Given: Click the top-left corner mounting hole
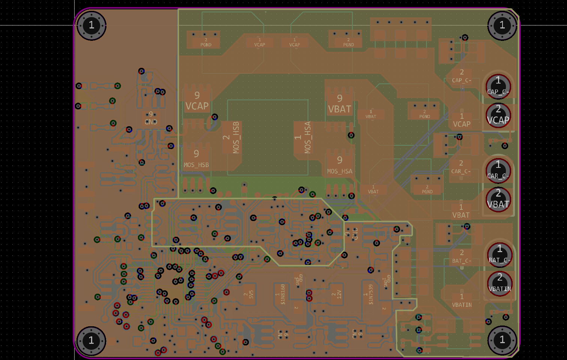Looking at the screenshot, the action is click(x=91, y=25).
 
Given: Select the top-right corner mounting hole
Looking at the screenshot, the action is click(x=502, y=25).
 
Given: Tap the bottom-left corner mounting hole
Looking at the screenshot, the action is click(x=91, y=341).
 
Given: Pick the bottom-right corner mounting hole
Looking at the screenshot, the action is click(x=502, y=340).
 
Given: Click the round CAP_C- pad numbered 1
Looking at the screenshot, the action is click(x=498, y=86).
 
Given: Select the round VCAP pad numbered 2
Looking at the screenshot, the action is click(x=498, y=115).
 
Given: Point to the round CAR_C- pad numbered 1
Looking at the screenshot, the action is click(x=498, y=170).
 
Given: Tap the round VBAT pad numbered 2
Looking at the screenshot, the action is click(x=498, y=199).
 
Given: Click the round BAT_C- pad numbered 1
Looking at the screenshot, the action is click(x=500, y=255).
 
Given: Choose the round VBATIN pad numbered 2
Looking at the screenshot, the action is click(x=500, y=283).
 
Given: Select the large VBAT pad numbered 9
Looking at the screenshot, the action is click(x=340, y=104).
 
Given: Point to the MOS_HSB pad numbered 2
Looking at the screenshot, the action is click(x=232, y=137).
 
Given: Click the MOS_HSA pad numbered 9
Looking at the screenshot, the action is click(x=340, y=165).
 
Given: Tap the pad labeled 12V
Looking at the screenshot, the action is click(x=337, y=294).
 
